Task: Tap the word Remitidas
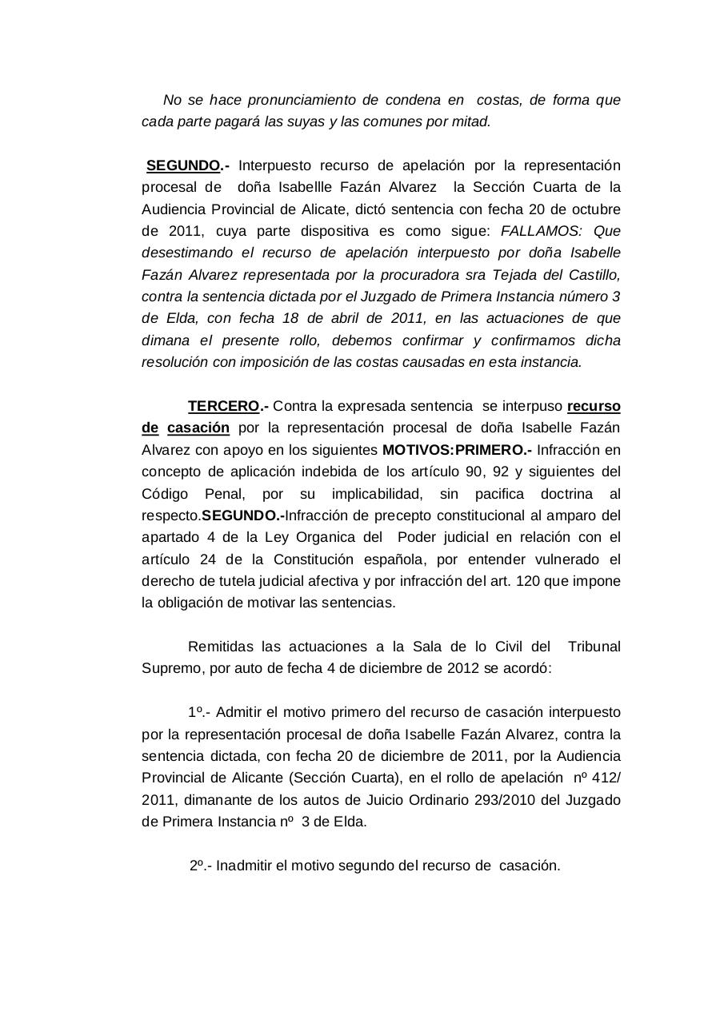[220, 647]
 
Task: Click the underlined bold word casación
[198, 428]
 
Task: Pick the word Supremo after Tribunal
[170, 668]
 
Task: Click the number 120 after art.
[529, 581]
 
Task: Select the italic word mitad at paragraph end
[471, 122]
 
